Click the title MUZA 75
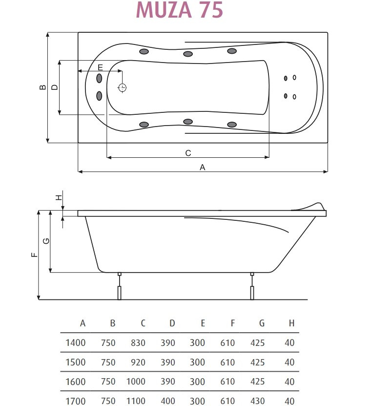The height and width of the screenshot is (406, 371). click(179, 10)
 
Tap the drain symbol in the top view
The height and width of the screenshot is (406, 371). click(122, 87)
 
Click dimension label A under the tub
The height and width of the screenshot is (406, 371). click(202, 167)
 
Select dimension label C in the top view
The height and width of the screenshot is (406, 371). click(188, 153)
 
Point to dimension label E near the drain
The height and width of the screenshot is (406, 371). click(101, 67)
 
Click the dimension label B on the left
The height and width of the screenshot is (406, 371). click(42, 87)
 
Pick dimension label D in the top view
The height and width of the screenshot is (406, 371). click(54, 87)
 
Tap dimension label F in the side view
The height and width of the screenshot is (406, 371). click(34, 255)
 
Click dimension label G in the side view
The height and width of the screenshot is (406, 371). click(46, 241)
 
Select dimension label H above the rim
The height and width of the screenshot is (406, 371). click(59, 197)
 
